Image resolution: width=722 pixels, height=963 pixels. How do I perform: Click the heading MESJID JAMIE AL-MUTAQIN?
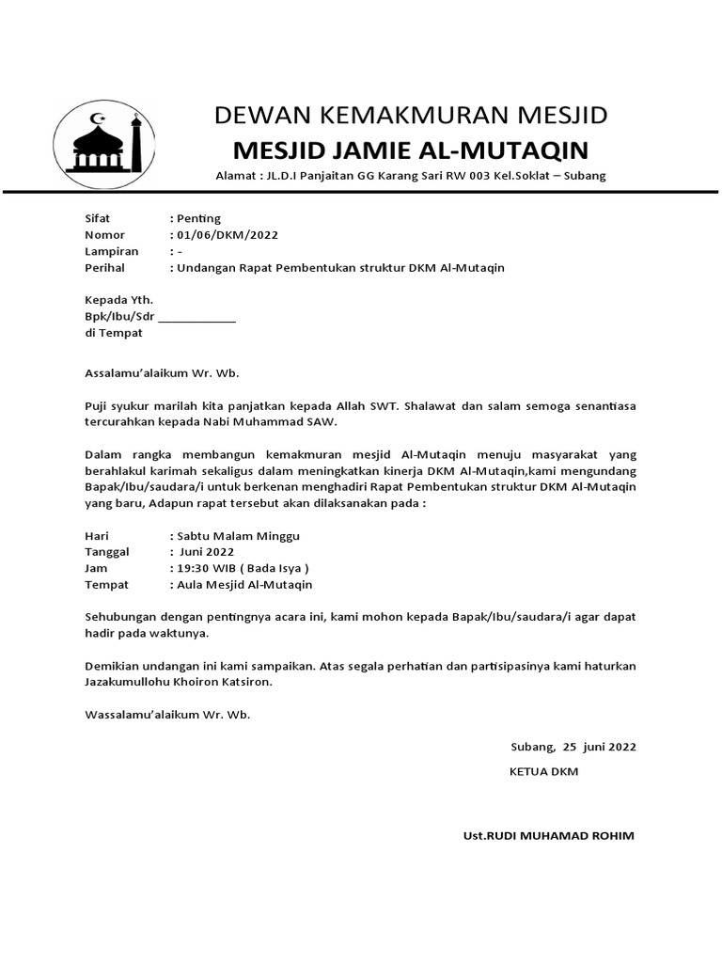[x=410, y=150]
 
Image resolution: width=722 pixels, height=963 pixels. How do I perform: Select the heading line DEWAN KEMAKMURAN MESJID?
[x=411, y=116]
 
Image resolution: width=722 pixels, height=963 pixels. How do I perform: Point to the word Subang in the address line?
[x=584, y=176]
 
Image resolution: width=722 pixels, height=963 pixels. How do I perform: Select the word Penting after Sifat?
[x=199, y=218]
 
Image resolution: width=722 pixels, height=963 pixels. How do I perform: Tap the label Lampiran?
[x=112, y=251]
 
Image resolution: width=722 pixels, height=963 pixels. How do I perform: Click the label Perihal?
[x=107, y=268]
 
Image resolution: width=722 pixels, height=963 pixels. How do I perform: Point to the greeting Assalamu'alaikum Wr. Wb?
[x=163, y=372]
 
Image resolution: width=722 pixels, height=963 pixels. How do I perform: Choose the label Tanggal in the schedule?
[x=107, y=552]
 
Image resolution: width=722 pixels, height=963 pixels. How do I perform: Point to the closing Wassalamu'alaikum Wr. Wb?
[x=167, y=715]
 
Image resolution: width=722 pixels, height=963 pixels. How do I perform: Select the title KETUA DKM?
[x=543, y=771]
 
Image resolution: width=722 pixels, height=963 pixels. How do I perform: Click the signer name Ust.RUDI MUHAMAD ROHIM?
[x=549, y=836]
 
